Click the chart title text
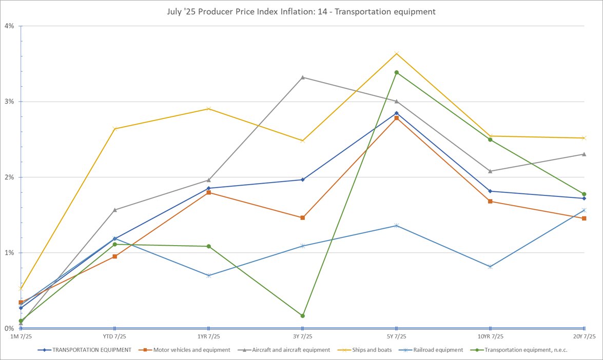pyautogui.click(x=301, y=11)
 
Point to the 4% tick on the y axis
pyautogui.click(x=9, y=26)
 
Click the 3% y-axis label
pyautogui.click(x=9, y=102)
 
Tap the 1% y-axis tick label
pyautogui.click(x=9, y=253)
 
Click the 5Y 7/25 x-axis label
pyautogui.click(x=396, y=336)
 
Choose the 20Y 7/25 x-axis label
pyautogui.click(x=583, y=336)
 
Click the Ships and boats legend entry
pyautogui.click(x=372, y=350)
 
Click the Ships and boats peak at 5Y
pyautogui.click(x=396, y=53)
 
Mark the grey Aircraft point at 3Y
pyautogui.click(x=302, y=77)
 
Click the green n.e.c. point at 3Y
pyautogui.click(x=302, y=316)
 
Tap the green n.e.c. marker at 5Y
pyautogui.click(x=396, y=72)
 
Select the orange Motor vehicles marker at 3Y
pyautogui.click(x=302, y=218)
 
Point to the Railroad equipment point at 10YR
pyautogui.click(x=490, y=267)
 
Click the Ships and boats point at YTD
pyautogui.click(x=114, y=129)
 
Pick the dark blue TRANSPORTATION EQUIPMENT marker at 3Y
pyautogui.click(x=302, y=179)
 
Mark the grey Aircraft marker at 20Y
pyautogui.click(x=584, y=154)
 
